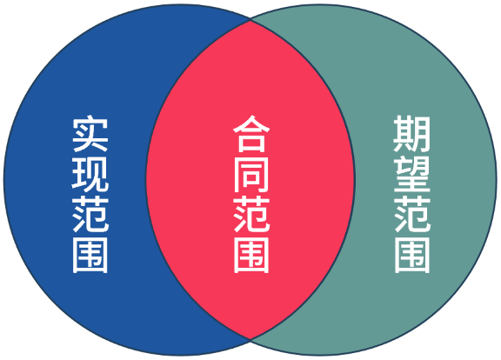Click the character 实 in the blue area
click(90, 134)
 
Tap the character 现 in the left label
click(90, 175)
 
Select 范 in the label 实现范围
click(90, 215)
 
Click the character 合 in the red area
click(251, 134)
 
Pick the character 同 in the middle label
click(251, 175)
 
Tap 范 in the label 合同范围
click(251, 215)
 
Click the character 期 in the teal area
click(412, 134)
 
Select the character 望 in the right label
click(412, 175)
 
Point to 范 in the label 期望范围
click(412, 215)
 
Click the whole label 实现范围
click(90, 194)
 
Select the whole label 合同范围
click(251, 194)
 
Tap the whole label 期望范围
click(412, 194)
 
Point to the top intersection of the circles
click(250, 21)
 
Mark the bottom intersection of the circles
click(250, 338)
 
